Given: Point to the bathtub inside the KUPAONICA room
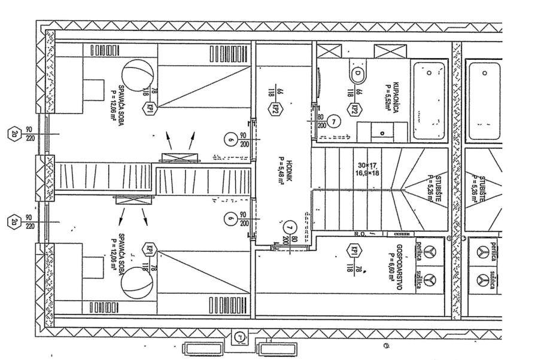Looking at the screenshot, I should click(429, 100).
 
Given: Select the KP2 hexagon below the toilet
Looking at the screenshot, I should click(355, 109).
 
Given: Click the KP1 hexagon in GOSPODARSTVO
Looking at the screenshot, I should click(356, 251).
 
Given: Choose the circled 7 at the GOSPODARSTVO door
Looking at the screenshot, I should click(290, 227).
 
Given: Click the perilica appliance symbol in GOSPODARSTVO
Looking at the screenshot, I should click(429, 253).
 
